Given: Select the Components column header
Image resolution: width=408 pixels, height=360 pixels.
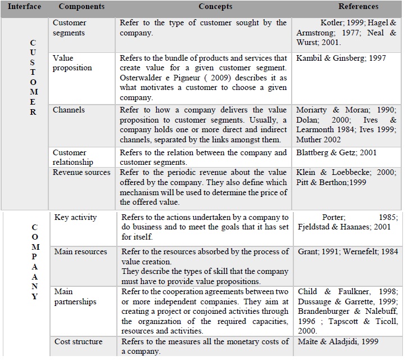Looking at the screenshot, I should [x=81, y=7].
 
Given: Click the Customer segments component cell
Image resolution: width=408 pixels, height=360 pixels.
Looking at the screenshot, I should [x=70, y=28].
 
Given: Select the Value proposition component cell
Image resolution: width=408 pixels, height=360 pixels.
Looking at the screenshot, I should [x=72, y=63].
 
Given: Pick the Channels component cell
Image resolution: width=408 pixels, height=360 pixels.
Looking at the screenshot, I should [x=69, y=110].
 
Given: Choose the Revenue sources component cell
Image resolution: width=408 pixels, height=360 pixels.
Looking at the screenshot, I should [x=81, y=173].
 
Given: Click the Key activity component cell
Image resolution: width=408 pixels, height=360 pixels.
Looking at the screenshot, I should [x=75, y=217].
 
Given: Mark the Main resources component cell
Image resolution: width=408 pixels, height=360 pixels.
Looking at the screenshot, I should [x=80, y=251].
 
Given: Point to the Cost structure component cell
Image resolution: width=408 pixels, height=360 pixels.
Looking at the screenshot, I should [x=78, y=342].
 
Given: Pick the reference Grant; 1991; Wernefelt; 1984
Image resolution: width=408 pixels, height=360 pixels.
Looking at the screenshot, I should [x=347, y=251].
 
